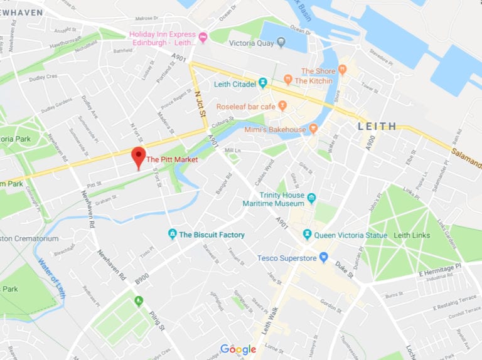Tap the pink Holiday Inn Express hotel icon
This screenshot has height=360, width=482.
(x=203, y=38)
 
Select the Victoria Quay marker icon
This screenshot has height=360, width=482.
(x=281, y=43)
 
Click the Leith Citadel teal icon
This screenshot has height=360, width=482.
(x=263, y=83)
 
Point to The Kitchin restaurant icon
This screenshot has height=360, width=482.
(x=287, y=80)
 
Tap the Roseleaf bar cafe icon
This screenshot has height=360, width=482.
(x=282, y=107)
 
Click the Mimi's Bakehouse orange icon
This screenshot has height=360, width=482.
(x=313, y=129)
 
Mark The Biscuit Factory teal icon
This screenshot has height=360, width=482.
(x=173, y=235)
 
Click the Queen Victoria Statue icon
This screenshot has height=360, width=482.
(x=307, y=235)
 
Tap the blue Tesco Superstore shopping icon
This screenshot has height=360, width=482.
(x=324, y=257)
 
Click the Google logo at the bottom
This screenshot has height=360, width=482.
(x=238, y=349)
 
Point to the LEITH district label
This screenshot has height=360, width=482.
(x=377, y=126)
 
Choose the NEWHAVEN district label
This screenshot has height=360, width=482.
(x=21, y=12)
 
